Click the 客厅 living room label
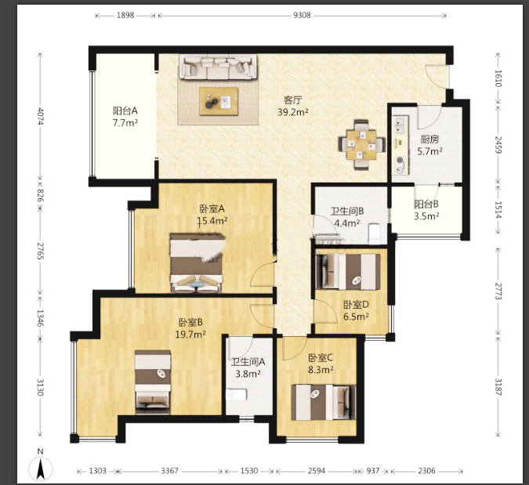tap(292, 100)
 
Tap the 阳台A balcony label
tap(125, 110)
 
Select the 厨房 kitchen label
tap(429, 139)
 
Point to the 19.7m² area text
tap(190, 335)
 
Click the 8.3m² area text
tap(321, 370)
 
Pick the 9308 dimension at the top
tap(302, 15)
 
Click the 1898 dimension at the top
tap(125, 15)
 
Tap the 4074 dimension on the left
tap(40, 116)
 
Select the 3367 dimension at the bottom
tap(169, 470)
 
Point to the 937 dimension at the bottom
tap(373, 470)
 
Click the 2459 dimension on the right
tap(498, 145)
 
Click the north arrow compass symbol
tap(41, 468)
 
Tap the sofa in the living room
tap(218, 67)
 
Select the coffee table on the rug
tap(219, 102)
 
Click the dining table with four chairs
tap(361, 145)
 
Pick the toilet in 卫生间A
tap(237, 395)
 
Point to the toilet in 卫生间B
tap(374, 233)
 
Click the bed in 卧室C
tap(324, 403)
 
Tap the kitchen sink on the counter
tap(400, 125)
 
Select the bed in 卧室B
tap(153, 382)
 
